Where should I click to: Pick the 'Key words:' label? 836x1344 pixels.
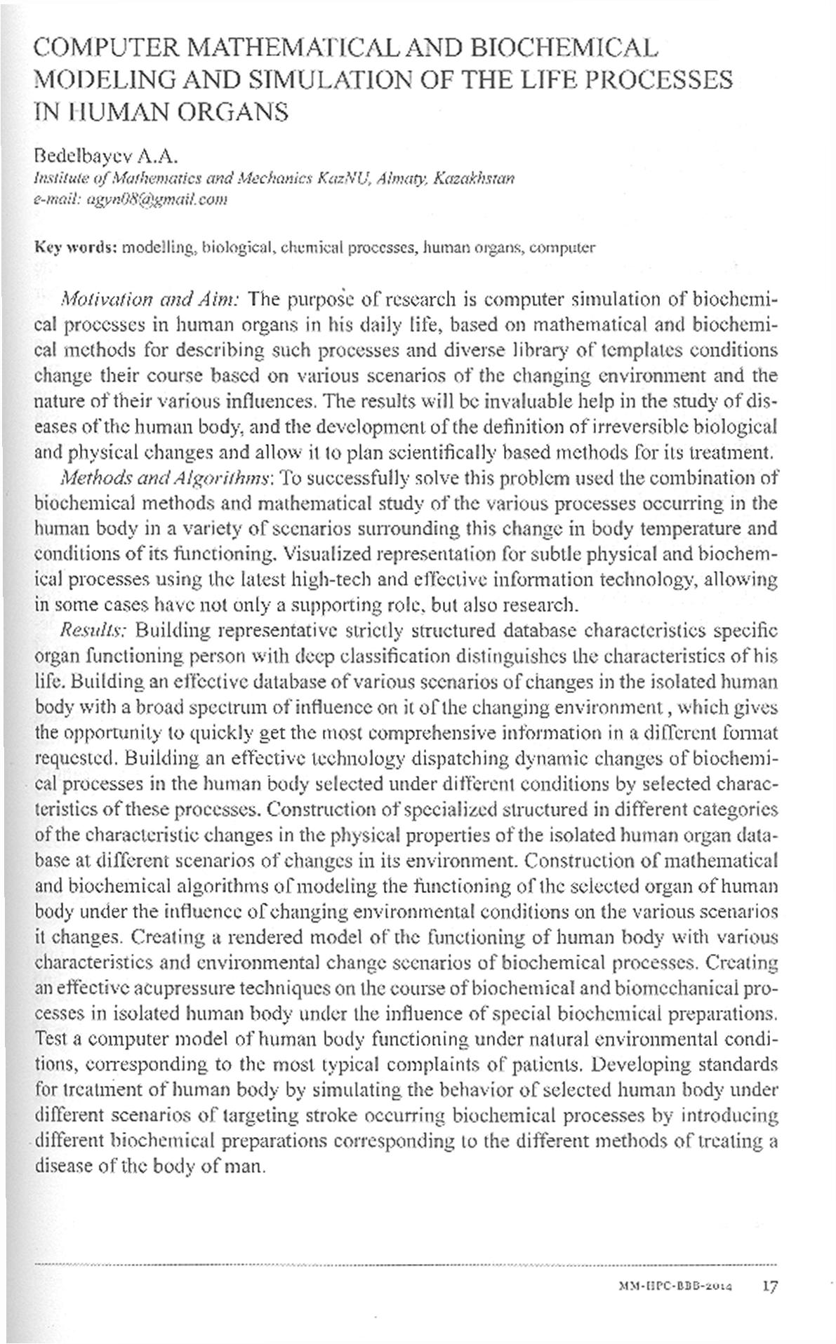(76, 248)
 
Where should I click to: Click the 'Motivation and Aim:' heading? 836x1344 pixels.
(152, 300)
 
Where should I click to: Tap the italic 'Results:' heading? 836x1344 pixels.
(93, 630)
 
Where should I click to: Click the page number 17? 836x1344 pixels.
(770, 1287)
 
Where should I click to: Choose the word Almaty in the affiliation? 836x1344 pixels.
(403, 178)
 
